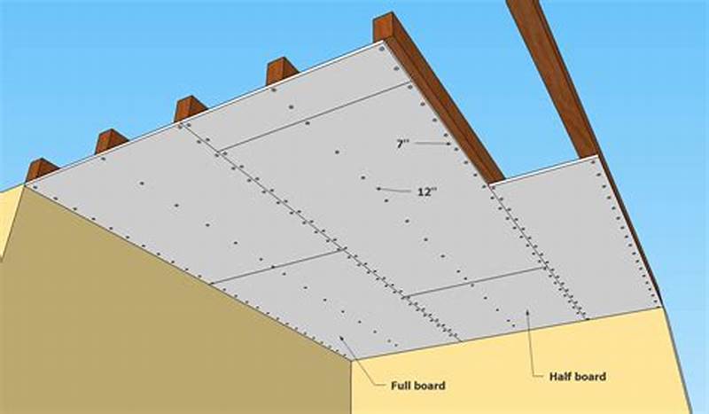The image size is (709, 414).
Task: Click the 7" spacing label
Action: point(402,143)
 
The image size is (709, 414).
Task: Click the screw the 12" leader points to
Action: point(377,188)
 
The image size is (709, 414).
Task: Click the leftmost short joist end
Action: point(41,168)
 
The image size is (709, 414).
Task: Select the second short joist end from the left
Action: point(111,140)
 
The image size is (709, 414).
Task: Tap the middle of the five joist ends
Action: point(190,108)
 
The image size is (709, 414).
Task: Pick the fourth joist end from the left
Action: point(281,70)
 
